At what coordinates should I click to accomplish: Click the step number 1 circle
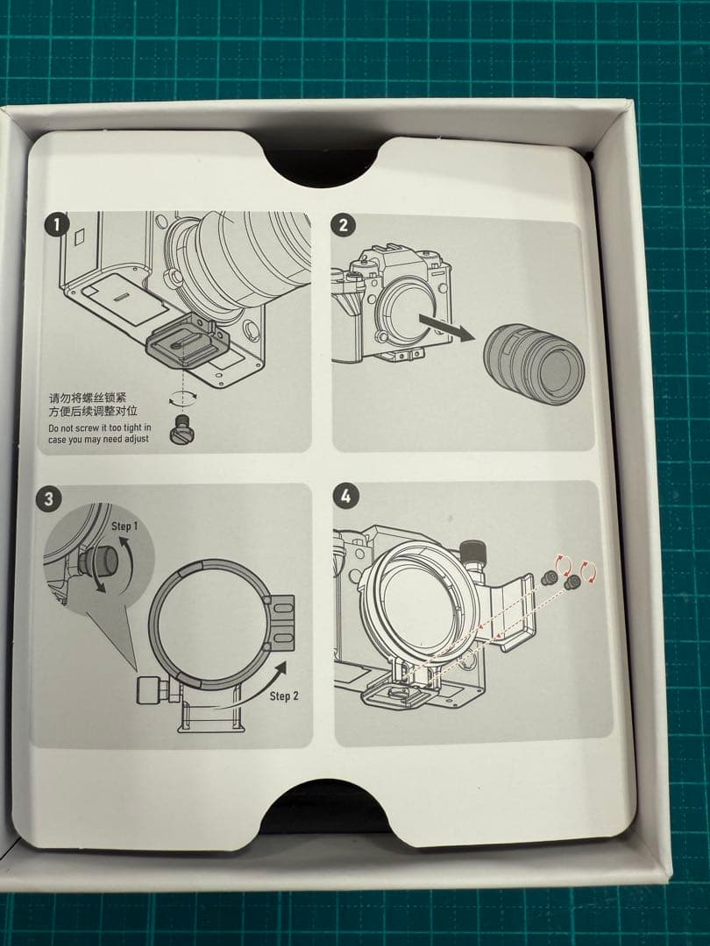57,226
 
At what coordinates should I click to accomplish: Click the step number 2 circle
343,225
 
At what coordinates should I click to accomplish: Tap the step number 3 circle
48,499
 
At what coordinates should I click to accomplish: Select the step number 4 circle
345,496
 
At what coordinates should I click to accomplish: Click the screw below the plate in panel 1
180,429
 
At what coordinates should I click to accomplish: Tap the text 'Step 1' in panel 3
124,526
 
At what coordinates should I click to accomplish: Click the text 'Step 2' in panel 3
284,695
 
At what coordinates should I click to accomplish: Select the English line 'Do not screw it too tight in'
100,427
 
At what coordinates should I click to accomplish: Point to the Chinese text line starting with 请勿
89,399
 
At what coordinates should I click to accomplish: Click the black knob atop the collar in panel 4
472,551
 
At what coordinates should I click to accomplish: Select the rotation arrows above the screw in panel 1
182,397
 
